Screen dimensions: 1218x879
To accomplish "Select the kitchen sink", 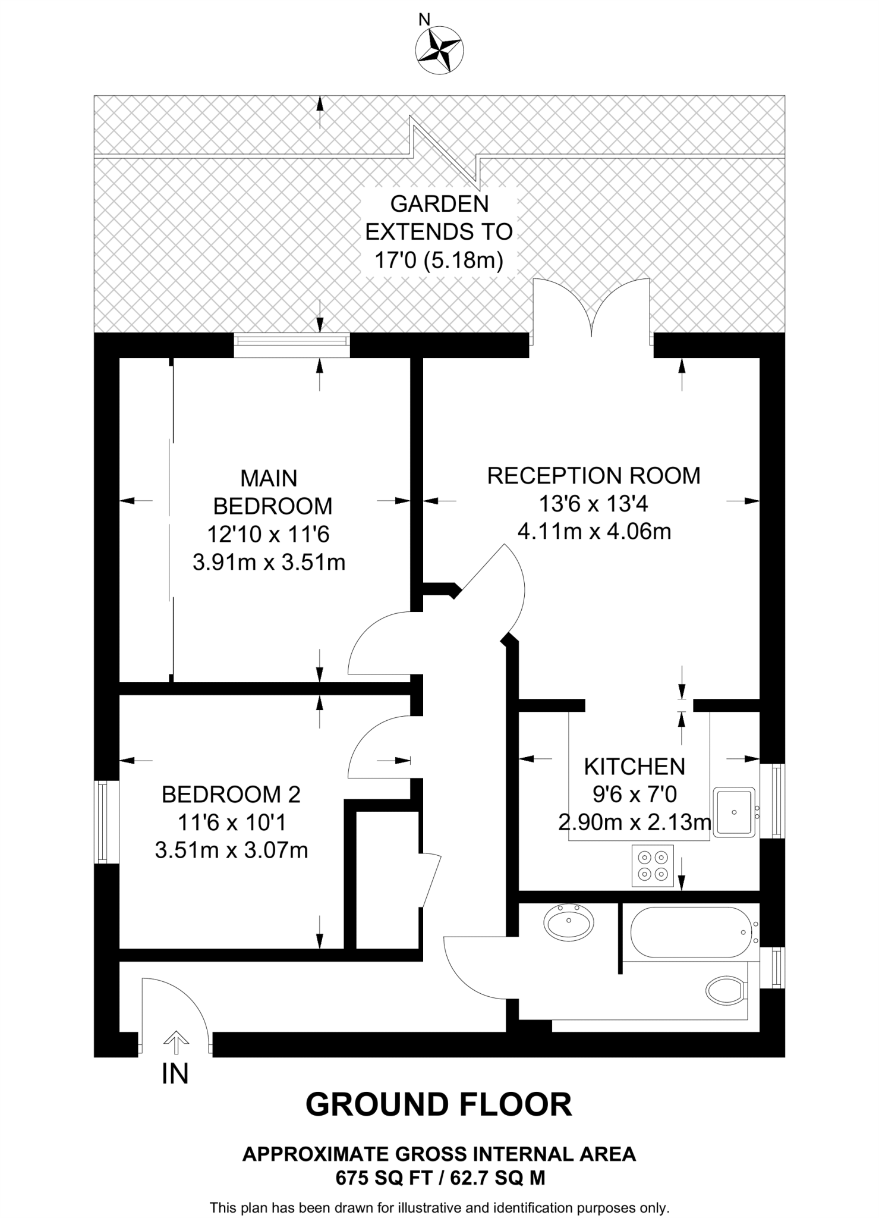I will pyautogui.click(x=734, y=812).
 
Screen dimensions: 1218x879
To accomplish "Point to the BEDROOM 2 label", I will pyautogui.click(x=231, y=795).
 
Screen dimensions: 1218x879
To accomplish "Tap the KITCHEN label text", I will pyautogui.click(x=634, y=767).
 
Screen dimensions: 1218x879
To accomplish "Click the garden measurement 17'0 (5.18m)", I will pyautogui.click(x=439, y=260).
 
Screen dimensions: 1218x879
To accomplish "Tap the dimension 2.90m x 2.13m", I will pyautogui.click(x=634, y=823).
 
